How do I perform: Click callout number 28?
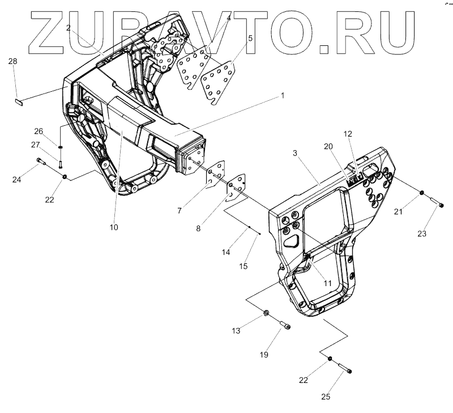click(x=12, y=61)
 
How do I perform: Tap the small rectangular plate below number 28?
click(x=18, y=102)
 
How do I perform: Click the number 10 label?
click(x=114, y=227)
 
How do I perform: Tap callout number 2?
click(x=68, y=27)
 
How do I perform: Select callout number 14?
click(x=226, y=252)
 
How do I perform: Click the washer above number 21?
click(x=422, y=194)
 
